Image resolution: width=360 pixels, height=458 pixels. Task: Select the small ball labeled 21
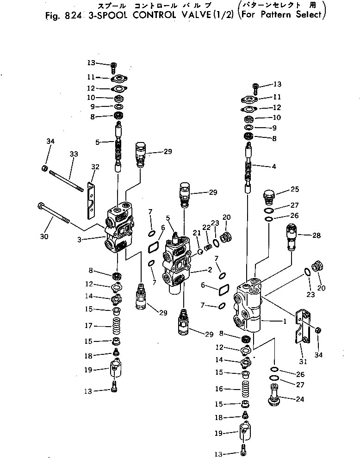(x=201, y=252)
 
